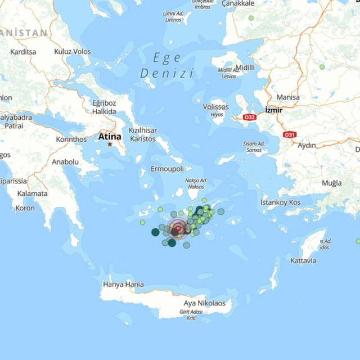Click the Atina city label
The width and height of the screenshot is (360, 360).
pyautogui.click(x=110, y=136)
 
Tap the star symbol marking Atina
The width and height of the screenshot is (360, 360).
pyautogui.click(x=110, y=144)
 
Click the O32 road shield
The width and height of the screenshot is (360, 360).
pyautogui.click(x=250, y=117)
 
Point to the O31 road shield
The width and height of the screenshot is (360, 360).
pyautogui.click(x=290, y=134)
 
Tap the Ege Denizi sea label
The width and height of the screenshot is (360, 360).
pyautogui.click(x=166, y=65)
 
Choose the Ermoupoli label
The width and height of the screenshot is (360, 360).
pyautogui.click(x=168, y=169)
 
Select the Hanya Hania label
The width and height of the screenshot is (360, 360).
pyautogui.click(x=123, y=285)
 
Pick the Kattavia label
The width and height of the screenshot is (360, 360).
pyautogui.click(x=303, y=260)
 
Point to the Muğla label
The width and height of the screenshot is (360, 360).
pyautogui.click(x=331, y=183)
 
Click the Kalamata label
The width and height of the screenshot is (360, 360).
pyautogui.click(x=32, y=193)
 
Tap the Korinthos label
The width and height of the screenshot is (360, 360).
pyautogui.click(x=71, y=139)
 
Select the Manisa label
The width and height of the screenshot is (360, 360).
pyautogui.click(x=289, y=97)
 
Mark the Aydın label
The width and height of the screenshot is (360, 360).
pyautogui.click(x=307, y=145)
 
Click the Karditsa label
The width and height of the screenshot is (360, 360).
pyautogui.click(x=23, y=52)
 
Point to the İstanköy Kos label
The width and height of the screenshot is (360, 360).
pyautogui.click(x=280, y=202)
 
